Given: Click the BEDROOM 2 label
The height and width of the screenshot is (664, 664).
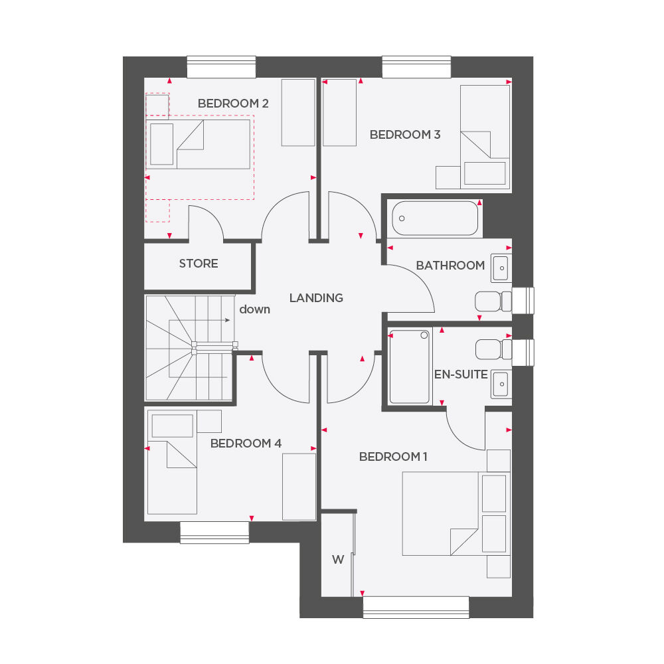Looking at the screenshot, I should tap(232, 104).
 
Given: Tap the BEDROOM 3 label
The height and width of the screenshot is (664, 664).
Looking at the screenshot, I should tap(405, 135).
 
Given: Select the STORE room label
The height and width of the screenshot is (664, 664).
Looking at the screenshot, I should tap(199, 264).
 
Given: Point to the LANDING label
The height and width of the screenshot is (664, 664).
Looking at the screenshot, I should tap(316, 298).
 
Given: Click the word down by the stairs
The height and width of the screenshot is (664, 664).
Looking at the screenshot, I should tap(254, 309).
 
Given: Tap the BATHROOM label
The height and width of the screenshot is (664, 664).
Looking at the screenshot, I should tap(450, 266).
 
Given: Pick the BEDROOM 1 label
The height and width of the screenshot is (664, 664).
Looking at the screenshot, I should tap(393, 457).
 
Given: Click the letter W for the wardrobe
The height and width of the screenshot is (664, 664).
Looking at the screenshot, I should tap(338, 560).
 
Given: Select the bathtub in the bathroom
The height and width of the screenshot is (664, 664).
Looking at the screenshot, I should tap(435, 218).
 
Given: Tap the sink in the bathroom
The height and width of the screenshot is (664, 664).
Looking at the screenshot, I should tap(501, 266).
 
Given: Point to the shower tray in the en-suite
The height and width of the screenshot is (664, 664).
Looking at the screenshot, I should tap(410, 367).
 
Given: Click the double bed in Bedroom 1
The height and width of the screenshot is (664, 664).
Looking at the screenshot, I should tap(440, 513).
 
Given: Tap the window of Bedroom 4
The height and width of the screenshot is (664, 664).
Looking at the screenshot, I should tap(214, 532).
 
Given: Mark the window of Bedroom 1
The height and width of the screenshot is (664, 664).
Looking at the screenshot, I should tap(416, 607).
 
